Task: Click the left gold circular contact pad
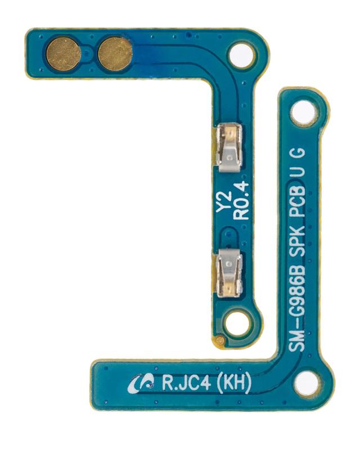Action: click(64, 55)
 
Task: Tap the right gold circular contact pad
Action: click(115, 53)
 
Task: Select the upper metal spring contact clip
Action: click(229, 147)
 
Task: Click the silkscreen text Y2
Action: click(224, 202)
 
